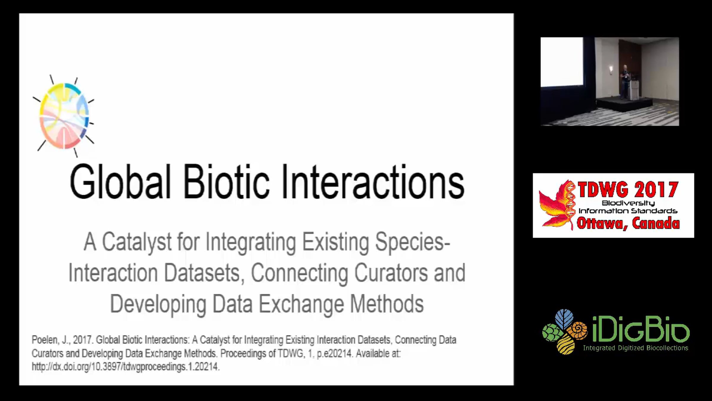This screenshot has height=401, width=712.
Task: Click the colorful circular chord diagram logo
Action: (64, 116)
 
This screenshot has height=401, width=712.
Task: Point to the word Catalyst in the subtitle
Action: (137, 242)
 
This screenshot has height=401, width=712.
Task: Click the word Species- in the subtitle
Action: (413, 242)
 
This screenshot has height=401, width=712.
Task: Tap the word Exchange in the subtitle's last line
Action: (301, 304)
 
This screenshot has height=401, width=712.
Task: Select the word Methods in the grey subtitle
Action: (387, 304)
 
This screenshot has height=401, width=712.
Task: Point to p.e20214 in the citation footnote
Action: (334, 354)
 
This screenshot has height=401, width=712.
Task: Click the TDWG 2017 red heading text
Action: (628, 190)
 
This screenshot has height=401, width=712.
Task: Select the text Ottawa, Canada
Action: (628, 223)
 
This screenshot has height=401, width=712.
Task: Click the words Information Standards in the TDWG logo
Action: (628, 211)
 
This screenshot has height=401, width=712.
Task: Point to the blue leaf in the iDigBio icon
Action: (564, 319)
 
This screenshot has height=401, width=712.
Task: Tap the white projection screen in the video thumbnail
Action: (562, 62)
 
